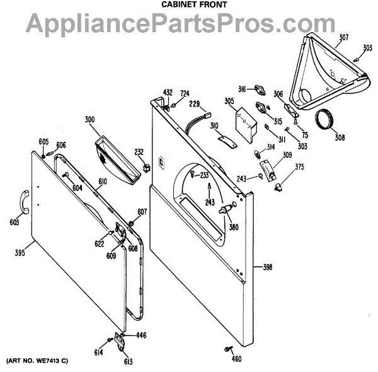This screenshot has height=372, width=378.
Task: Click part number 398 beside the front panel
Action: (x=267, y=268)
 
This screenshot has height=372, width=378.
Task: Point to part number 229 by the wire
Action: (x=194, y=103)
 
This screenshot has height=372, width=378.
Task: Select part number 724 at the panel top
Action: (x=185, y=94)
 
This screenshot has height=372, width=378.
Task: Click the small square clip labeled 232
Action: (x=146, y=168)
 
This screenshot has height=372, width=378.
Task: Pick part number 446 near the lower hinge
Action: (x=140, y=335)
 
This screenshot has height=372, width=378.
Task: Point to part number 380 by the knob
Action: (x=234, y=227)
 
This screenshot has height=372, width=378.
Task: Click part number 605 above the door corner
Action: (x=43, y=141)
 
